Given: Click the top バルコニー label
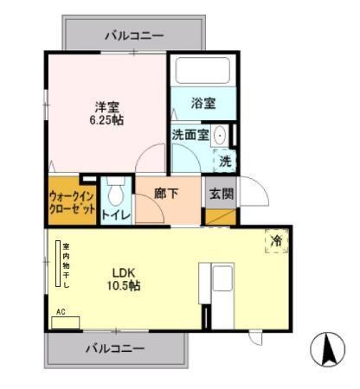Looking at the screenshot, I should coord(133,35).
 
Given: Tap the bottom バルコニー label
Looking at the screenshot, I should coord(114,348).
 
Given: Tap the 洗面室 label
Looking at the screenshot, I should coord(190,135).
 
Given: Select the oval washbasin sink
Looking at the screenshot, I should coord(220,136).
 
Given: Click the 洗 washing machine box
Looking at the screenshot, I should coord(224,160).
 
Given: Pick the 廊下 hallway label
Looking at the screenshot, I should coord(167,194).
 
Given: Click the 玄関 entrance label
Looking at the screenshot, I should coord(221,194).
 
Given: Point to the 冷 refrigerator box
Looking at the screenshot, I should coord(276,241).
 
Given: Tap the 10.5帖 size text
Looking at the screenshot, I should coord(122,285).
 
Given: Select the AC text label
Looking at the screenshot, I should coord(61,312).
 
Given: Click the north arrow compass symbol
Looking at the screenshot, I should coord(328,350).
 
